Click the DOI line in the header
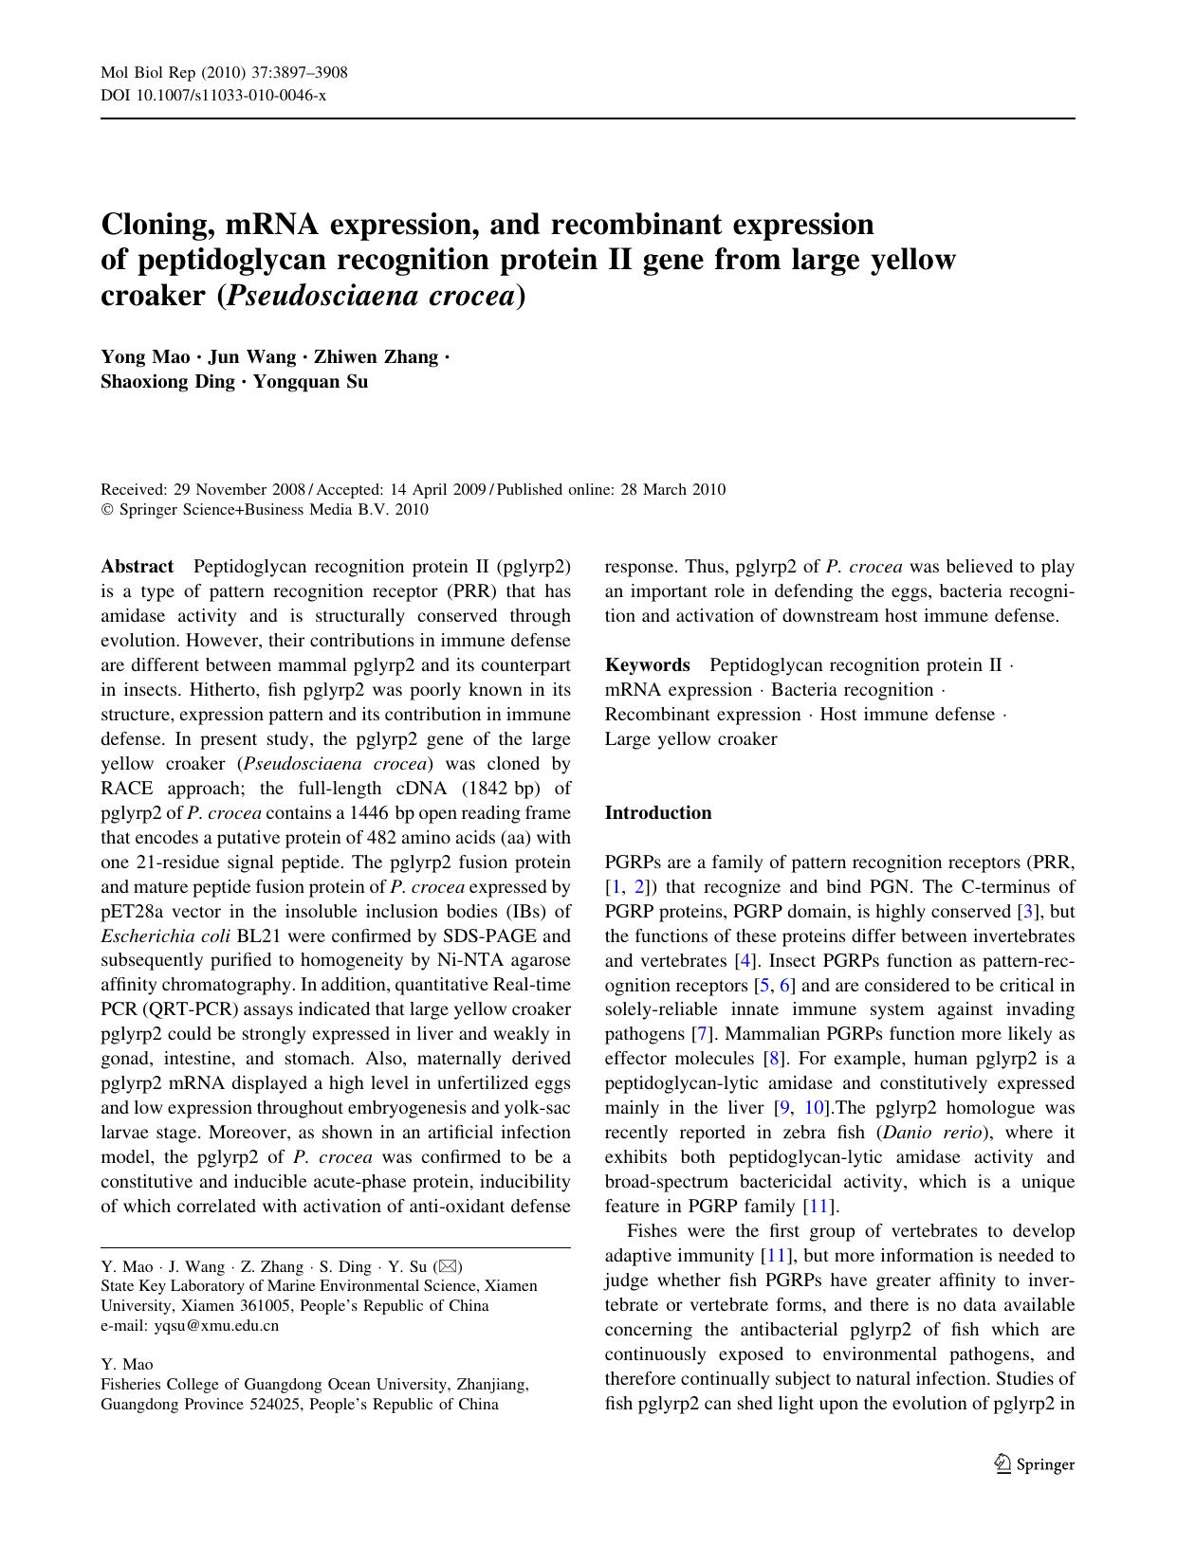pos(213,95)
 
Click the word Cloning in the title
pos(155,225)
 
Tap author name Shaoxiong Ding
pos(167,382)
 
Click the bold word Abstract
pos(138,567)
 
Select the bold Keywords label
pos(647,665)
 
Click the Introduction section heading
pos(658,812)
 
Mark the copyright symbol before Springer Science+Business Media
pos(106,510)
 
